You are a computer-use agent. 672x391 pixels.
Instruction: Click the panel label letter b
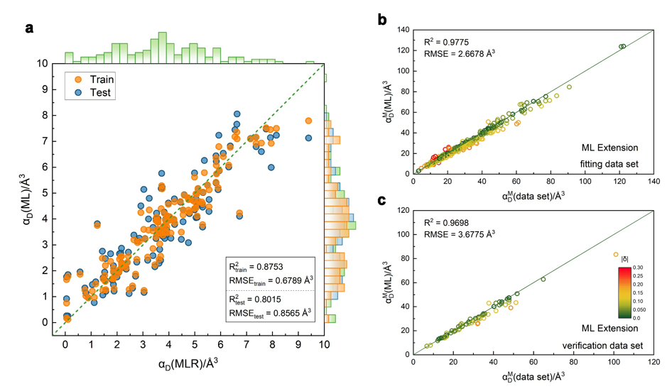point(381,21)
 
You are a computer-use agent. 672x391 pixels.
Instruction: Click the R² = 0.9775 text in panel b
point(447,41)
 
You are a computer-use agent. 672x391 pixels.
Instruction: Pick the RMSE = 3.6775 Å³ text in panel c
point(460,232)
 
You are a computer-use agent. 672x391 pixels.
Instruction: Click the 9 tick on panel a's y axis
point(45,89)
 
